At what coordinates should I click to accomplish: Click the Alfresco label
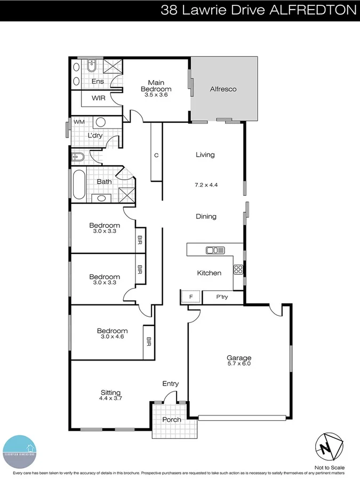(223, 89)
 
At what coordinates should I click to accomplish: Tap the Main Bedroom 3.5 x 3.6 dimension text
(156, 95)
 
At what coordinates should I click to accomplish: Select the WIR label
(98, 98)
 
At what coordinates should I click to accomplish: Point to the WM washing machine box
(79, 122)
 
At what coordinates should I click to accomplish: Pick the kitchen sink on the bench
(215, 250)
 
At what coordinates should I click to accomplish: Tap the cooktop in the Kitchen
(238, 269)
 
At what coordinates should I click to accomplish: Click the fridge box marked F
(190, 297)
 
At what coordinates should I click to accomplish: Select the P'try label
(222, 297)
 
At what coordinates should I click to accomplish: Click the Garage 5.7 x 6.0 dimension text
(238, 364)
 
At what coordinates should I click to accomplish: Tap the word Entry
(171, 383)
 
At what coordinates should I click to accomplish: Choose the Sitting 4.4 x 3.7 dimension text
(110, 398)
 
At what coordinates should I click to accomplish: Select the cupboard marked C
(156, 155)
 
